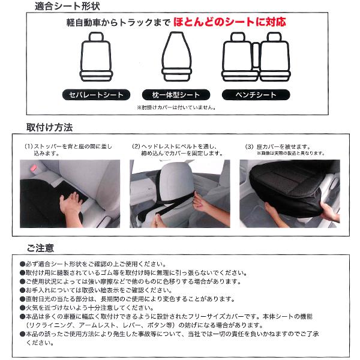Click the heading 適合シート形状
[67, 6]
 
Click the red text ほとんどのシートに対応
[230, 22]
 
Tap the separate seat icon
[96, 57]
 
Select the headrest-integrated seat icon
[176, 57]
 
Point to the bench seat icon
[256, 57]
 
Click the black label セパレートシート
[96, 95]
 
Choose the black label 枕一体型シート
[176, 95]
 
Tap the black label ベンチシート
[256, 95]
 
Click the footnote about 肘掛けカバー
[176, 107]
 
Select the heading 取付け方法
[49, 127]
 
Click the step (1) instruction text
[68, 149]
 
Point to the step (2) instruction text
[177, 149]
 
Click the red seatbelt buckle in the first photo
[34, 168]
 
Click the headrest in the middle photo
[177, 179]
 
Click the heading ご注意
[40, 248]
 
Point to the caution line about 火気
[87, 308]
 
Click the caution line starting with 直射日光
[127, 299]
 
